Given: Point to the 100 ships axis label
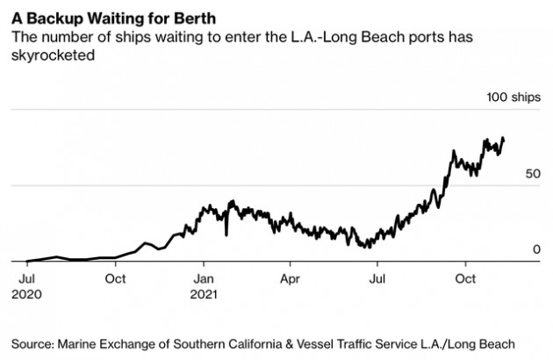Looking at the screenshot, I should pyautogui.click(x=514, y=97).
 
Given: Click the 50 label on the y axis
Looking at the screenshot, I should pyautogui.click(x=533, y=174).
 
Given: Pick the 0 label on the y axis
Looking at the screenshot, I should pyautogui.click(x=536, y=250).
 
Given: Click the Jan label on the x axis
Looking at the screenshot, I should pyautogui.click(x=203, y=279).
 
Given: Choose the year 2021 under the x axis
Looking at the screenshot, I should pyautogui.click(x=205, y=295).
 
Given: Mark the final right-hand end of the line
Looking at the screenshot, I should pyautogui.click(x=504, y=138).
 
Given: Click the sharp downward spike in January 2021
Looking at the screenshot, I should pyautogui.click(x=226, y=234).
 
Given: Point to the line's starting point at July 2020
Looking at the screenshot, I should pyautogui.click(x=27, y=261).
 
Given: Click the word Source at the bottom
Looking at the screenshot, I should pyautogui.click(x=34, y=342).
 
